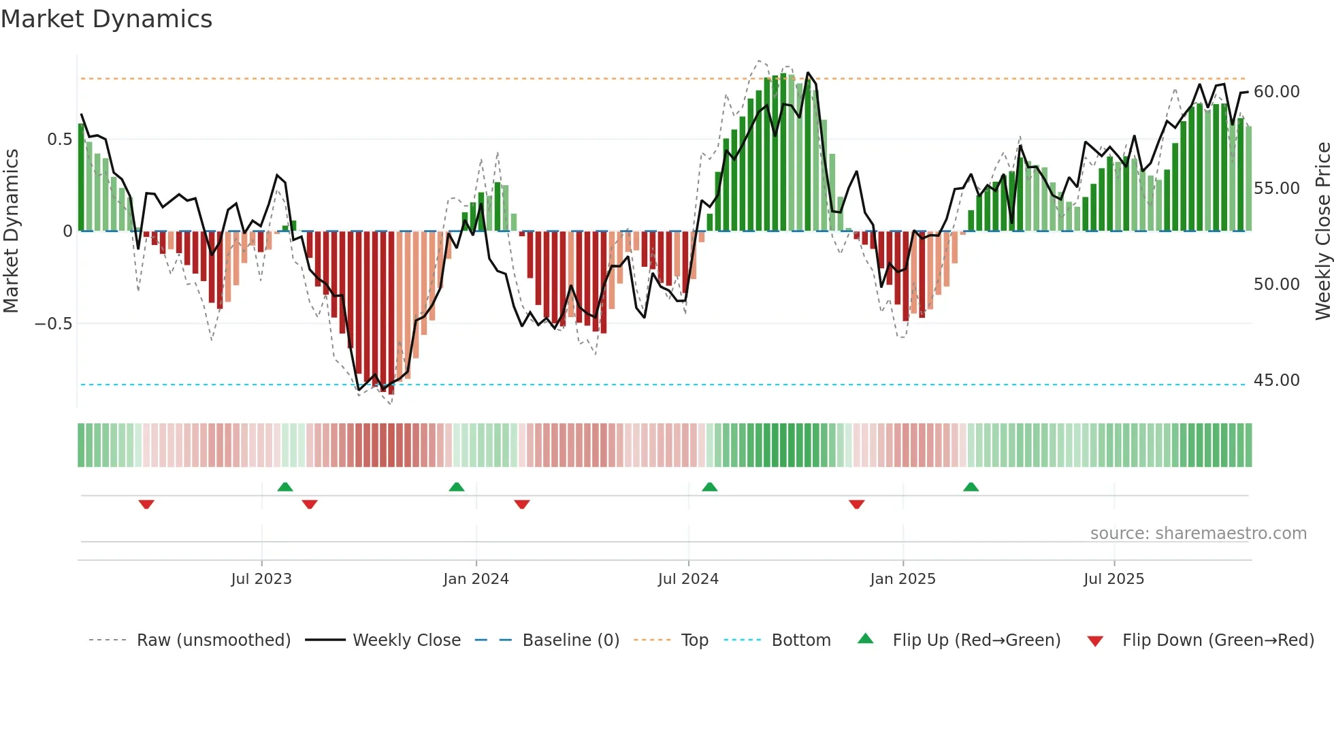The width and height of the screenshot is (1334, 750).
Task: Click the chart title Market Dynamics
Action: click(106, 19)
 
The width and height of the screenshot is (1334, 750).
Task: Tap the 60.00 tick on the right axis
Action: click(1276, 92)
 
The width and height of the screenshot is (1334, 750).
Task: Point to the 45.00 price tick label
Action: click(1276, 380)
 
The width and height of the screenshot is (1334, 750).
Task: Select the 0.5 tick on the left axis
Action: click(59, 140)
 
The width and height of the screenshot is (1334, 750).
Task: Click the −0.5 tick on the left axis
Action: click(54, 324)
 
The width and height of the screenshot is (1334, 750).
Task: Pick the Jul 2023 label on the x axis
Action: click(261, 579)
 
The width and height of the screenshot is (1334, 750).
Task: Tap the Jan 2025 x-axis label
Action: click(902, 579)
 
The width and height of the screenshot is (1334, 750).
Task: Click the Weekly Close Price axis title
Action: click(1322, 231)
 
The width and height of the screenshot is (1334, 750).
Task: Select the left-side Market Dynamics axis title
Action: click(12, 231)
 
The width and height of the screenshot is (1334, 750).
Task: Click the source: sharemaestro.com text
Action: click(1198, 534)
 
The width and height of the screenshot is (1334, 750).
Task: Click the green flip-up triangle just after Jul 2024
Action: click(709, 487)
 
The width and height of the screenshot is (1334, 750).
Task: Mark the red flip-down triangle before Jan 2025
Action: click(856, 504)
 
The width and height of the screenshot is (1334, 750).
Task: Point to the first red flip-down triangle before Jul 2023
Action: click(146, 504)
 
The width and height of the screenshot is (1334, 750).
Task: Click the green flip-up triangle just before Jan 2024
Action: click(457, 487)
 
